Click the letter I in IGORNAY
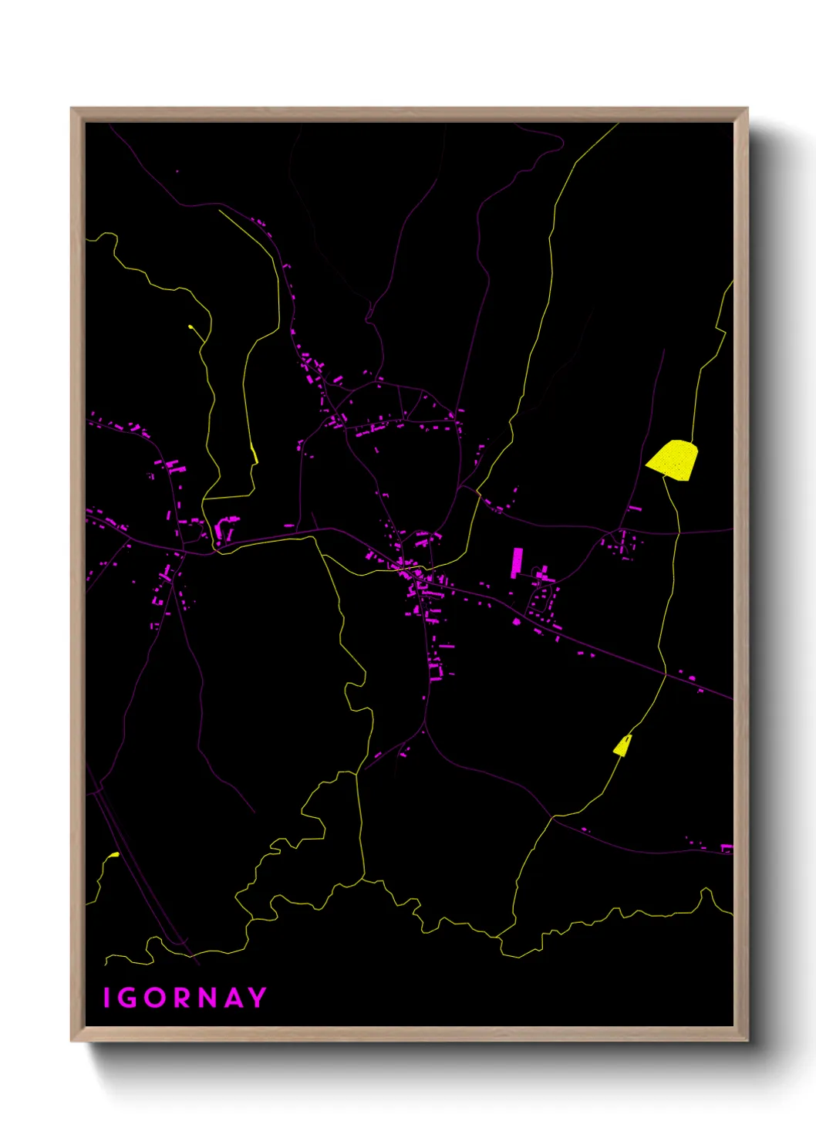(x=106, y=998)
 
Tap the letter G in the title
(x=127, y=998)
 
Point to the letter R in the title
(x=182, y=998)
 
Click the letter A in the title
(x=234, y=998)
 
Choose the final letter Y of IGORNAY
(x=258, y=998)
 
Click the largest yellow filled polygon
(x=673, y=459)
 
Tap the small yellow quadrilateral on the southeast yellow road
(x=622, y=745)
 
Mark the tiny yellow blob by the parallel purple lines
(x=114, y=855)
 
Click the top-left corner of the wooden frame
(x=72, y=109)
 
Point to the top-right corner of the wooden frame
(x=747, y=109)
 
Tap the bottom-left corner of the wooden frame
(x=72, y=1040)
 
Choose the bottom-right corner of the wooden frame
(x=747, y=1040)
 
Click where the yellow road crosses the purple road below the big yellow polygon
(x=679, y=532)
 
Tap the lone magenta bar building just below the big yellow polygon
(x=635, y=508)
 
